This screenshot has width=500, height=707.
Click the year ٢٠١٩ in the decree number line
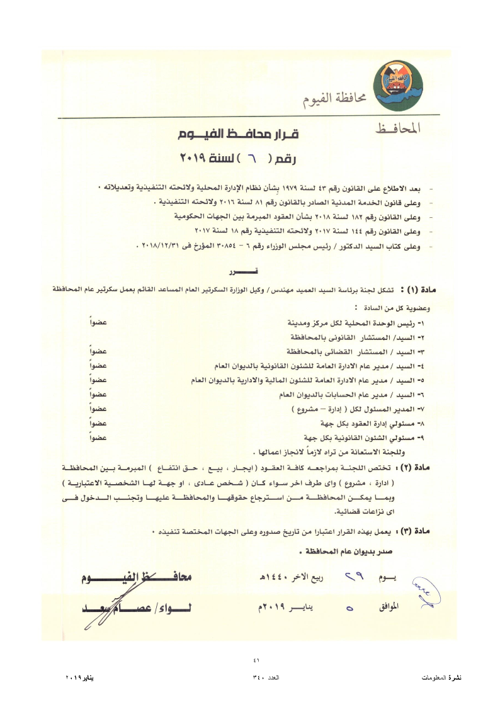[x=191, y=157]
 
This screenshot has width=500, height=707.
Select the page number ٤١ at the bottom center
[x=256, y=659]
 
